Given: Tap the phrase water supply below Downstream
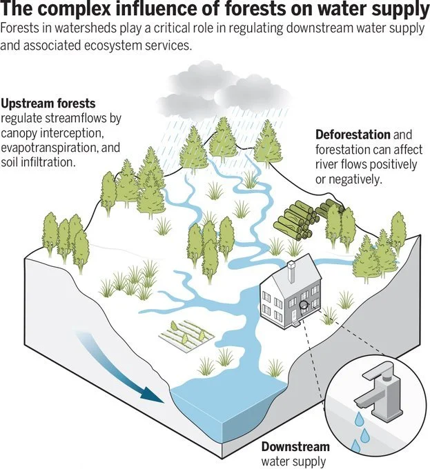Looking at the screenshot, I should pos(293,461).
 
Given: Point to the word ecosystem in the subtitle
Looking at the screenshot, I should pos(127,45).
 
